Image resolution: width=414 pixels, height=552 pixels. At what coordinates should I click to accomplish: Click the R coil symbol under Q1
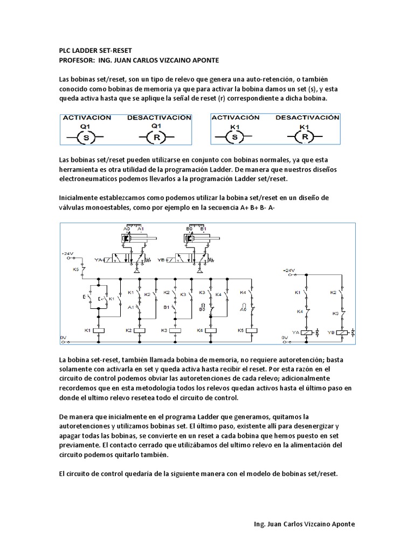pos(156,138)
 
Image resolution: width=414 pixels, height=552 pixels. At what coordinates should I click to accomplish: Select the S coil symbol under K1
pos(234,137)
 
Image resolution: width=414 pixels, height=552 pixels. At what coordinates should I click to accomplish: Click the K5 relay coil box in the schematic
pos(251,329)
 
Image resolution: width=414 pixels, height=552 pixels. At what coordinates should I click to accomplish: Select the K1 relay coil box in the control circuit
pos(98,329)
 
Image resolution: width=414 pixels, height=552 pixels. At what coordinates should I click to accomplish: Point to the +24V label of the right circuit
pos(289,270)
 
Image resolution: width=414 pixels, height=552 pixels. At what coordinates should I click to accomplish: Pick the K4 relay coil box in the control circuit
pos(213,329)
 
